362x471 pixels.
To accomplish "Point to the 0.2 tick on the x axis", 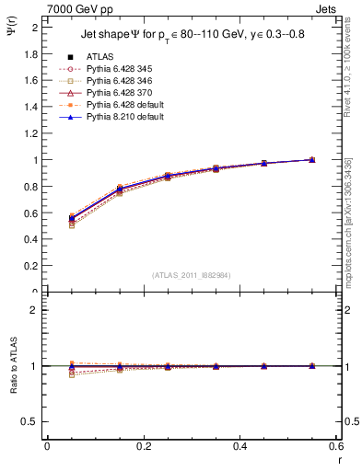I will pos(143,449).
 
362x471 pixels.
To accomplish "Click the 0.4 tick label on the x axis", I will pos(239,449).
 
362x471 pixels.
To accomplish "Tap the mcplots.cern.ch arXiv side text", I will pos(354,212).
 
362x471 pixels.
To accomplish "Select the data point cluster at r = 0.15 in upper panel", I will pos(119,190).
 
